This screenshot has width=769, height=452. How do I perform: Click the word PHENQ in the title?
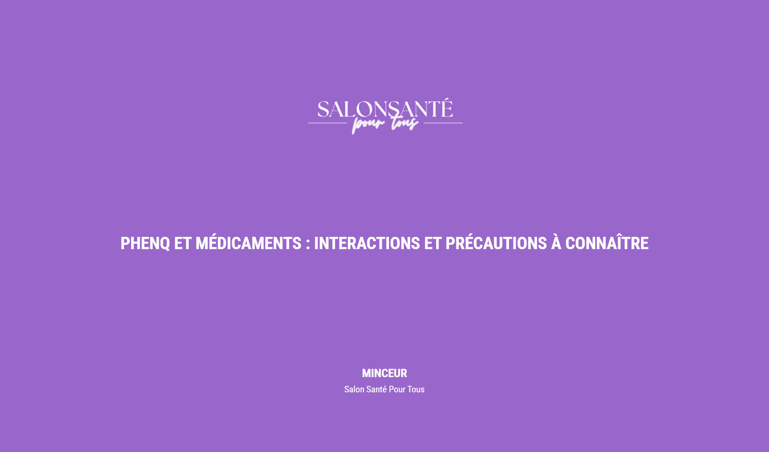click(145, 243)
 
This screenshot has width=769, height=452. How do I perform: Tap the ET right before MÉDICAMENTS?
click(183, 243)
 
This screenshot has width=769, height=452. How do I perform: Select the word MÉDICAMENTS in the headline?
click(248, 243)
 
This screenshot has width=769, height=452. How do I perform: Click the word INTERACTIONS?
click(367, 243)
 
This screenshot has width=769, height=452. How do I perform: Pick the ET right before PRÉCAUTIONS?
click(432, 243)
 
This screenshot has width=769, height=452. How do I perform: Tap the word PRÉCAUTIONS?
click(496, 243)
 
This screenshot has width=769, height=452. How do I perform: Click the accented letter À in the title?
click(556, 243)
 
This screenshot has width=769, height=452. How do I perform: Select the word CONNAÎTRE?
click(607, 243)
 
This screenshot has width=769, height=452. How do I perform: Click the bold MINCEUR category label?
click(384, 373)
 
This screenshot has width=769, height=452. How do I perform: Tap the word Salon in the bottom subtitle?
click(354, 389)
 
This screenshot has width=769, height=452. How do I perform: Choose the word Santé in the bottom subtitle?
click(376, 389)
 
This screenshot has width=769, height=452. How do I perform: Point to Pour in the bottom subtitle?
click(397, 389)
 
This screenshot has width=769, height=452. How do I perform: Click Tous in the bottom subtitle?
click(416, 389)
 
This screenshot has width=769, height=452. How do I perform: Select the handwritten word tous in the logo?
click(405, 123)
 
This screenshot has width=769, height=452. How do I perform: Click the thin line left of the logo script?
click(328, 123)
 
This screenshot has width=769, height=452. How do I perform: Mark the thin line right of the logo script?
click(443, 123)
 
